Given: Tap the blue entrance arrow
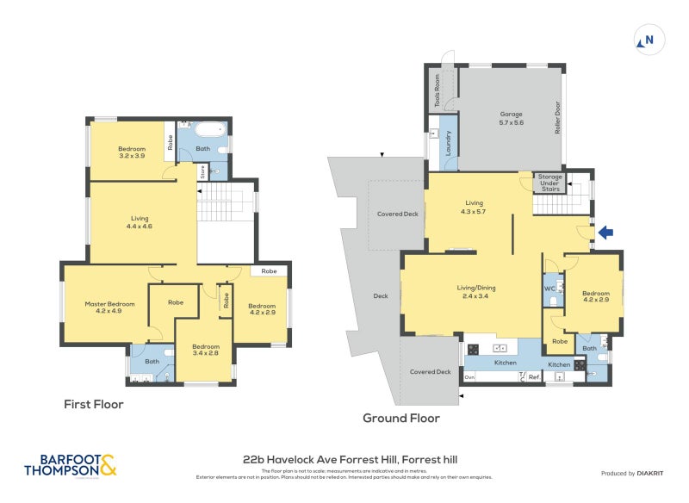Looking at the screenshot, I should coord(605,232).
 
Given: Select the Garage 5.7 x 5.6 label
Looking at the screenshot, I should coord(512,119).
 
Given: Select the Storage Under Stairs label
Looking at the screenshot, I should coord(549,183).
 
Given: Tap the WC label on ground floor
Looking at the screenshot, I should coord(549,288).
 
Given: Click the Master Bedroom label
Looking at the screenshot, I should coord(109,307).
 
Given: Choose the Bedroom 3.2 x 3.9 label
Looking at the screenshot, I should coord(132,152).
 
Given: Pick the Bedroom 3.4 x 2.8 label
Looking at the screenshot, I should coord(206,350).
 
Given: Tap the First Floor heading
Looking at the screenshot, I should coord(94,404).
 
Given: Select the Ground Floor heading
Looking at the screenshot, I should coord(400,419).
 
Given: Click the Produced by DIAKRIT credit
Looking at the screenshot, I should coord(632,474).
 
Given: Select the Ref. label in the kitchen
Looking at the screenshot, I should coord(534,376).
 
